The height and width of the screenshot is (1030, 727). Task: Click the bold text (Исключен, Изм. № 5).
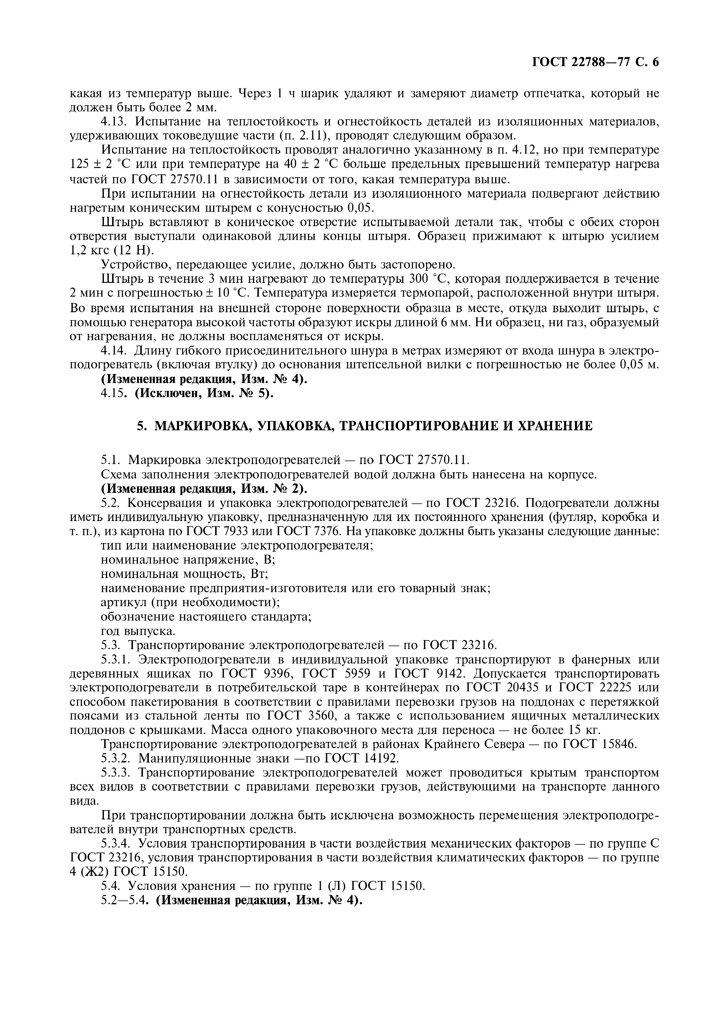click(204, 393)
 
